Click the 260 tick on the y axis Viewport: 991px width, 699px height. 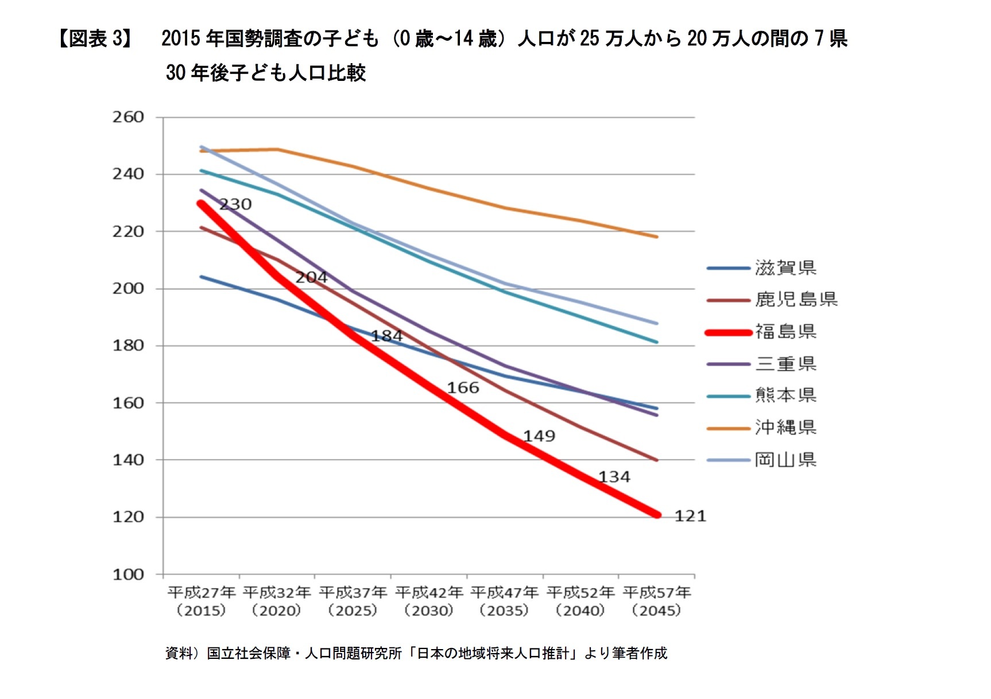pos(128,117)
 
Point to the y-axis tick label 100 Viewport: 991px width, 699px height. pos(128,574)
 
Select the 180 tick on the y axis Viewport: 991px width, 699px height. pos(128,345)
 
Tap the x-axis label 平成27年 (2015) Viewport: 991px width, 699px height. pos(202,601)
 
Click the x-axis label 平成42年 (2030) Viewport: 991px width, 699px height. pos(429,601)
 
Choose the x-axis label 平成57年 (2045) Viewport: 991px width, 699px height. pos(656,601)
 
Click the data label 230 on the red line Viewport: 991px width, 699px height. pos(235,204)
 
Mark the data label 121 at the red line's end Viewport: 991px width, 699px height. pos(690,516)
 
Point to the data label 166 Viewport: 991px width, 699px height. pos(463,388)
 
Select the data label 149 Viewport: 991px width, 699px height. pos(539,436)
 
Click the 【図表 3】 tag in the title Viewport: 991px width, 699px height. pos(95,38)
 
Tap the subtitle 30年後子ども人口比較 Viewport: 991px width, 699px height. pos(266,73)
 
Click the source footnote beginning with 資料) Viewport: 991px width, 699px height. pos(416,653)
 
